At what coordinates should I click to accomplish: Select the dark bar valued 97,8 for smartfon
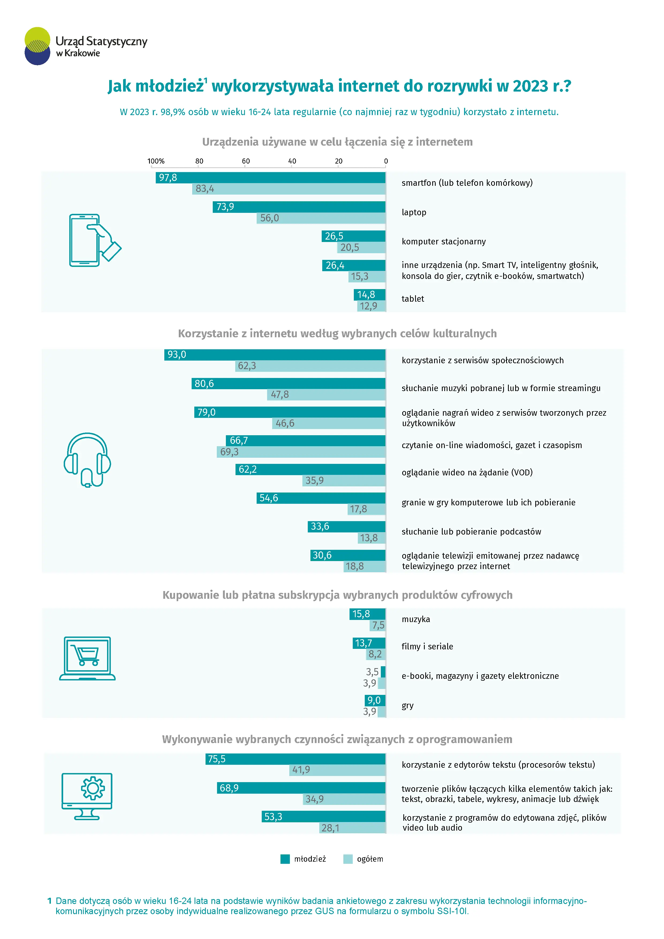[270, 177]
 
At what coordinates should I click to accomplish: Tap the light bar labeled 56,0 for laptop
[321, 218]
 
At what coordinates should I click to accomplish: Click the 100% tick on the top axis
[156, 161]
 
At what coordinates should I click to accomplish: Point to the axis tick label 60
[246, 161]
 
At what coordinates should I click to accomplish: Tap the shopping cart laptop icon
[87, 658]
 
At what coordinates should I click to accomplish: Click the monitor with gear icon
[87, 796]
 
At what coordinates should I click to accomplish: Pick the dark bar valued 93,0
[275, 355]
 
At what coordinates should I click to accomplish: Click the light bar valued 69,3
[301, 452]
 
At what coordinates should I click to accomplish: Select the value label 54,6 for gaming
[269, 498]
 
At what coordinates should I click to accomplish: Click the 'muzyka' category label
[416, 619]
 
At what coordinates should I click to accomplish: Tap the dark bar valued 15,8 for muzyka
[367, 614]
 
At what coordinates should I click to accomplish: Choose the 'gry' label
[408, 706]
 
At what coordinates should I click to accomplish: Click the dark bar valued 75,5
[295, 759]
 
